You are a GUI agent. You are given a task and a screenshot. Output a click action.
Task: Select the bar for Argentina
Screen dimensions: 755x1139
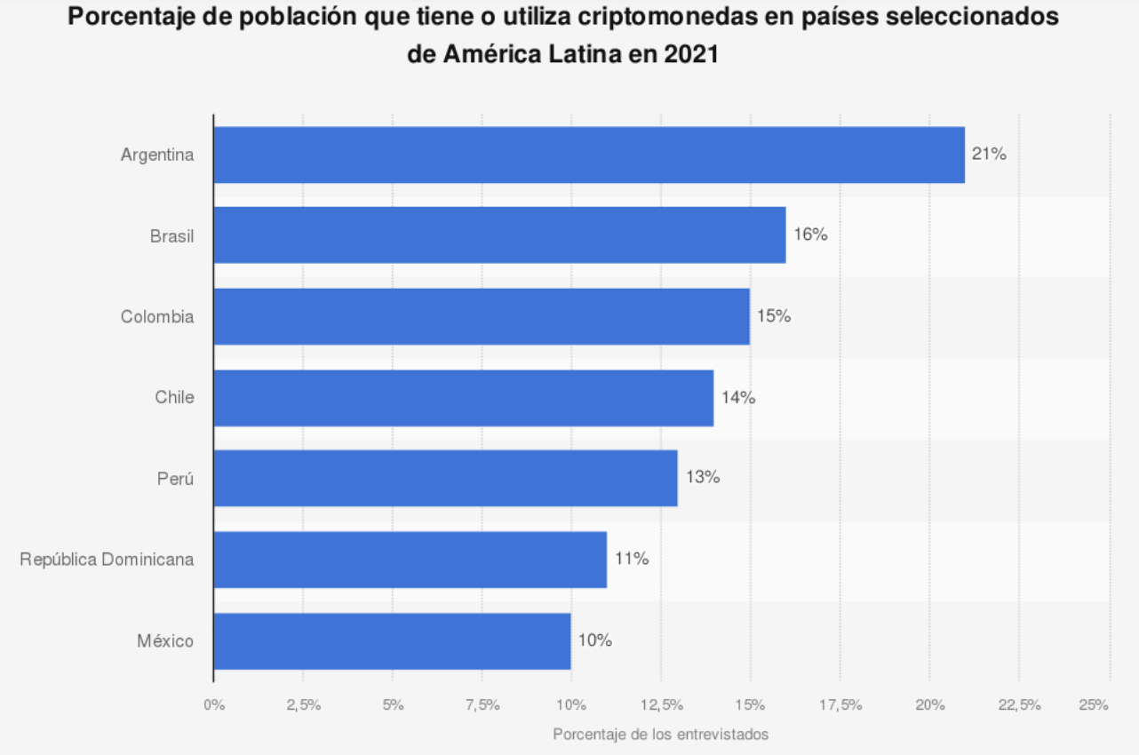point(588,155)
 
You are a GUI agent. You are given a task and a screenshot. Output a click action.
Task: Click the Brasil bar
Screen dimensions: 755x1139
point(499,235)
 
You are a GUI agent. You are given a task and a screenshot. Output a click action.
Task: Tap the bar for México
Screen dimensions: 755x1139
point(392,640)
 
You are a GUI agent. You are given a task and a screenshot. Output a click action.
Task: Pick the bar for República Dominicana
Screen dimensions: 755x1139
point(410,560)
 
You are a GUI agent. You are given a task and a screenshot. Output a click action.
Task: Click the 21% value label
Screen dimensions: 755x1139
point(989,155)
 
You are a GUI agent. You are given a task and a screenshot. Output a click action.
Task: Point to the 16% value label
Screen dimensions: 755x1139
point(810,235)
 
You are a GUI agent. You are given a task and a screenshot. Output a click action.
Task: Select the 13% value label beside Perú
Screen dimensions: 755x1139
point(702,478)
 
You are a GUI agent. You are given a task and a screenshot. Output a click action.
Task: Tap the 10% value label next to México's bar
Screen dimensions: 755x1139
point(595,640)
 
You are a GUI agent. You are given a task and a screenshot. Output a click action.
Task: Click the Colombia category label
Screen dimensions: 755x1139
point(157,316)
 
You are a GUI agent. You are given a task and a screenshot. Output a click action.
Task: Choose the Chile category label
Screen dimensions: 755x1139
point(174,397)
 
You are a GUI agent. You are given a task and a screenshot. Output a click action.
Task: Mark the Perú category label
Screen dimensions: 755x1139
point(175,478)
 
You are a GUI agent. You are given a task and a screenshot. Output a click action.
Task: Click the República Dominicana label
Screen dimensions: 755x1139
point(107,560)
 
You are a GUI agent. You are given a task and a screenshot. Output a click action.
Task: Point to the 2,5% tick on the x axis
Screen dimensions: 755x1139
point(303,705)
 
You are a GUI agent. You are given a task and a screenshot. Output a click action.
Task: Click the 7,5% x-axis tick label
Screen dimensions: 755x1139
point(482,705)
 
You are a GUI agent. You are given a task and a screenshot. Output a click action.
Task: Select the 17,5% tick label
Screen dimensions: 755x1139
point(840,705)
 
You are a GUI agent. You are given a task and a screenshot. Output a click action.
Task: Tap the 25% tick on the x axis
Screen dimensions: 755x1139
point(1094,705)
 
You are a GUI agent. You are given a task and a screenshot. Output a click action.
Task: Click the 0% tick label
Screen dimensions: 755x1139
point(214,705)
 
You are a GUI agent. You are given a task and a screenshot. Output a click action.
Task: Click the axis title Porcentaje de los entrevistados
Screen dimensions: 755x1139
point(660,735)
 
